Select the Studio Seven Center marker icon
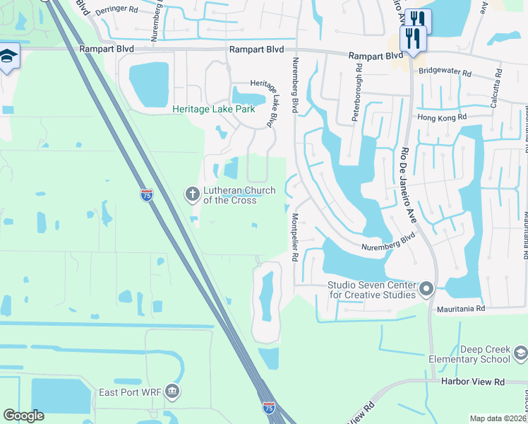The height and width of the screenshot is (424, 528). tap(426, 289)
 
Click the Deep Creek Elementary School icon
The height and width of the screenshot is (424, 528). tap(520, 353)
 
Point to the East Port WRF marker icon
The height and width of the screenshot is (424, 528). tap(172, 391)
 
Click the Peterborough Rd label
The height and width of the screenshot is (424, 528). tap(358, 93)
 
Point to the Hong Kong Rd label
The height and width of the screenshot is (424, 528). tap(443, 117)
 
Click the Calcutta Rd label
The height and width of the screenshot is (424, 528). tap(498, 82)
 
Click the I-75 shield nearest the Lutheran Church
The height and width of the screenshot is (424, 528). tap(147, 196)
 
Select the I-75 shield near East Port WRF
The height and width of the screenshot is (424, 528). tap(269, 408)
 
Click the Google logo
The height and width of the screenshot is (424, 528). tap(23, 416)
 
